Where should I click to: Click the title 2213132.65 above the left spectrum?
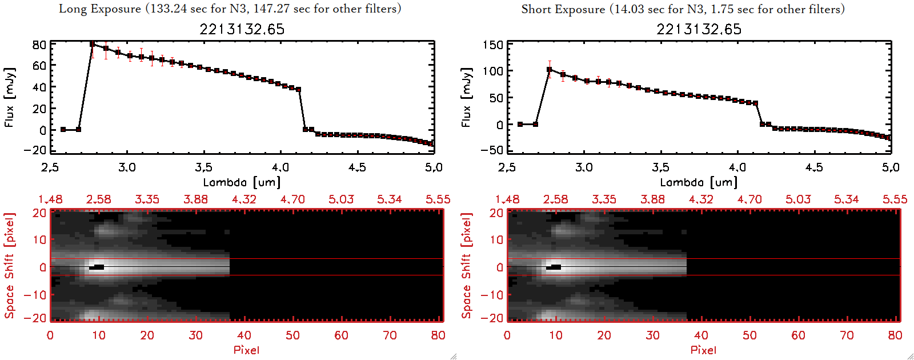point(242,29)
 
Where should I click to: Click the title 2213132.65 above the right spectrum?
point(699,29)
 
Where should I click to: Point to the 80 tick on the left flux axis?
point(39,45)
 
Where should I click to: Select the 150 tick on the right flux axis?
point(493,45)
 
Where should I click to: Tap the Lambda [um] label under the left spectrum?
point(242,182)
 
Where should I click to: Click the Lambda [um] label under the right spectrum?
point(699,182)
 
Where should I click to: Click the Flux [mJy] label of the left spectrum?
point(9,97)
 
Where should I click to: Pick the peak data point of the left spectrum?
point(93,44)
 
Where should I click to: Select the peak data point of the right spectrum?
point(550,70)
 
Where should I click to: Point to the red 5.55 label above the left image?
point(438,199)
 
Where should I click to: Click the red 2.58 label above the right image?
point(555,199)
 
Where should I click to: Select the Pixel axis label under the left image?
point(246,350)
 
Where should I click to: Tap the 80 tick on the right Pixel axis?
point(895,335)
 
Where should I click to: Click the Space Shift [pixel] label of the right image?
point(466,266)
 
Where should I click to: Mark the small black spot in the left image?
point(97,267)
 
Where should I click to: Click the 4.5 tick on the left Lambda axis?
point(357,167)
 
